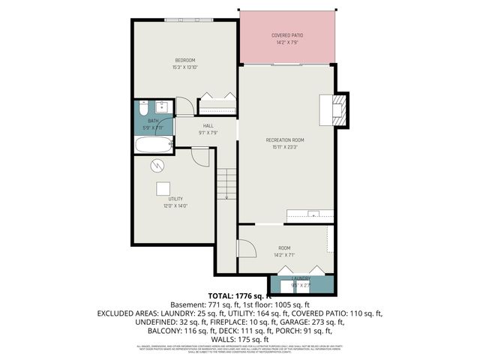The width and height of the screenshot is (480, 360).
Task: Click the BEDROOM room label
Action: click(x=185, y=60)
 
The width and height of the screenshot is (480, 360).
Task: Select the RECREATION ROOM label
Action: click(x=285, y=139)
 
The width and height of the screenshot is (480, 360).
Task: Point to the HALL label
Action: click(x=208, y=125)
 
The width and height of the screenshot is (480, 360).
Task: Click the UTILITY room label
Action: click(x=175, y=199)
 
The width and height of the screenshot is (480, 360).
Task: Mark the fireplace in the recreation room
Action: click(x=334, y=108)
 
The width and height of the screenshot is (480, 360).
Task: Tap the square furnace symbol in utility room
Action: click(x=163, y=188)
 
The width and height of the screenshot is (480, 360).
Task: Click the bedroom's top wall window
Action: click(x=189, y=19)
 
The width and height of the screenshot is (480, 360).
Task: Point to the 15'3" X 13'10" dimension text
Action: click(x=185, y=67)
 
